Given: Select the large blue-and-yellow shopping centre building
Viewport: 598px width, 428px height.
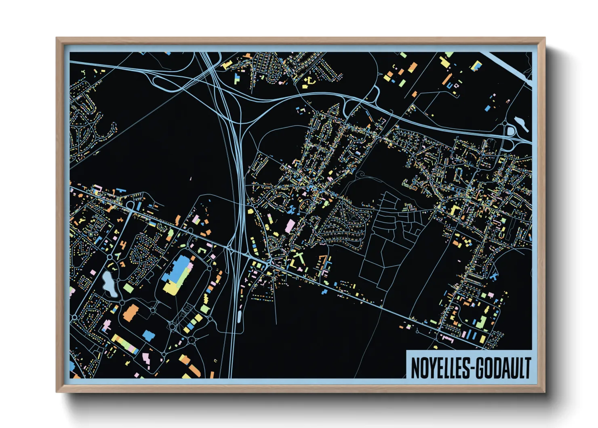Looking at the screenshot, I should pos(178,275).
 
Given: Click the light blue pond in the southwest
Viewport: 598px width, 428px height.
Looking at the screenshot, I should pos(109,284).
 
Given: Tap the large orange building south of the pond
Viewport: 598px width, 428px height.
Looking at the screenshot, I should pos(131,312).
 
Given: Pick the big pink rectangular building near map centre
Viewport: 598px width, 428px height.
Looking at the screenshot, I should pos(290,226).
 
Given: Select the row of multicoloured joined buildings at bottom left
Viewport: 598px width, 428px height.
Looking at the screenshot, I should pos(125,344).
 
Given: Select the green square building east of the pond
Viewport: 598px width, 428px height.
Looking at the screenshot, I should pos(128,288).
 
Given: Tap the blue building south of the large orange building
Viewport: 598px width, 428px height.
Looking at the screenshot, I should pos(149,335).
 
